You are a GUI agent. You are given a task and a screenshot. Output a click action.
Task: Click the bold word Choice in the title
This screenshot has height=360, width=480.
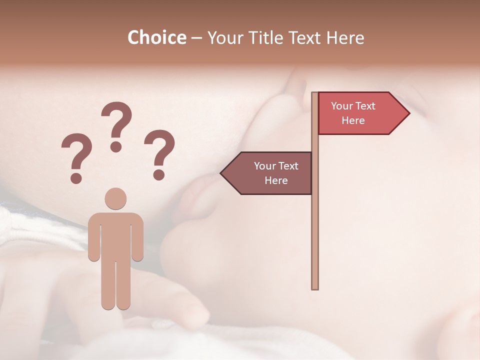[156, 38]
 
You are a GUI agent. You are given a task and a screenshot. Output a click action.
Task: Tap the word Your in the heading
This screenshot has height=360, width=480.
[225, 38]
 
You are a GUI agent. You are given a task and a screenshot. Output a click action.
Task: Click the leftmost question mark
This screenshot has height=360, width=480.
[76, 156]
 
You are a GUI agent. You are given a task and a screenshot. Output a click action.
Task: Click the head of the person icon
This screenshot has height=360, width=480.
[115, 198]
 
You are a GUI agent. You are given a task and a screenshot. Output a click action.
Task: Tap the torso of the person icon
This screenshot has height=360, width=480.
[115, 235]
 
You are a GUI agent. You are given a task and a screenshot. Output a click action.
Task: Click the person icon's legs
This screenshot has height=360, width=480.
[115, 285]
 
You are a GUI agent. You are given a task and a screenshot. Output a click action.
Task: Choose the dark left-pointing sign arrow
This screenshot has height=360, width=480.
[270, 173]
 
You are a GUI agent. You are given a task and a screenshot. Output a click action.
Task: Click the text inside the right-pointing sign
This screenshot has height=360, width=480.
[353, 113]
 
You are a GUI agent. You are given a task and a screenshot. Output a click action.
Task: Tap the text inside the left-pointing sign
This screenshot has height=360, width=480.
[276, 173]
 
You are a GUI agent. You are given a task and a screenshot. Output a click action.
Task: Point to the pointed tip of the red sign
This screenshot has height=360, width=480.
[408, 113]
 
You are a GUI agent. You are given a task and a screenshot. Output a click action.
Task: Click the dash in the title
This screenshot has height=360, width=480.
[196, 38]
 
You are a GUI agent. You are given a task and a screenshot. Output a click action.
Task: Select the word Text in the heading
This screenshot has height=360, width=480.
[305, 38]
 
